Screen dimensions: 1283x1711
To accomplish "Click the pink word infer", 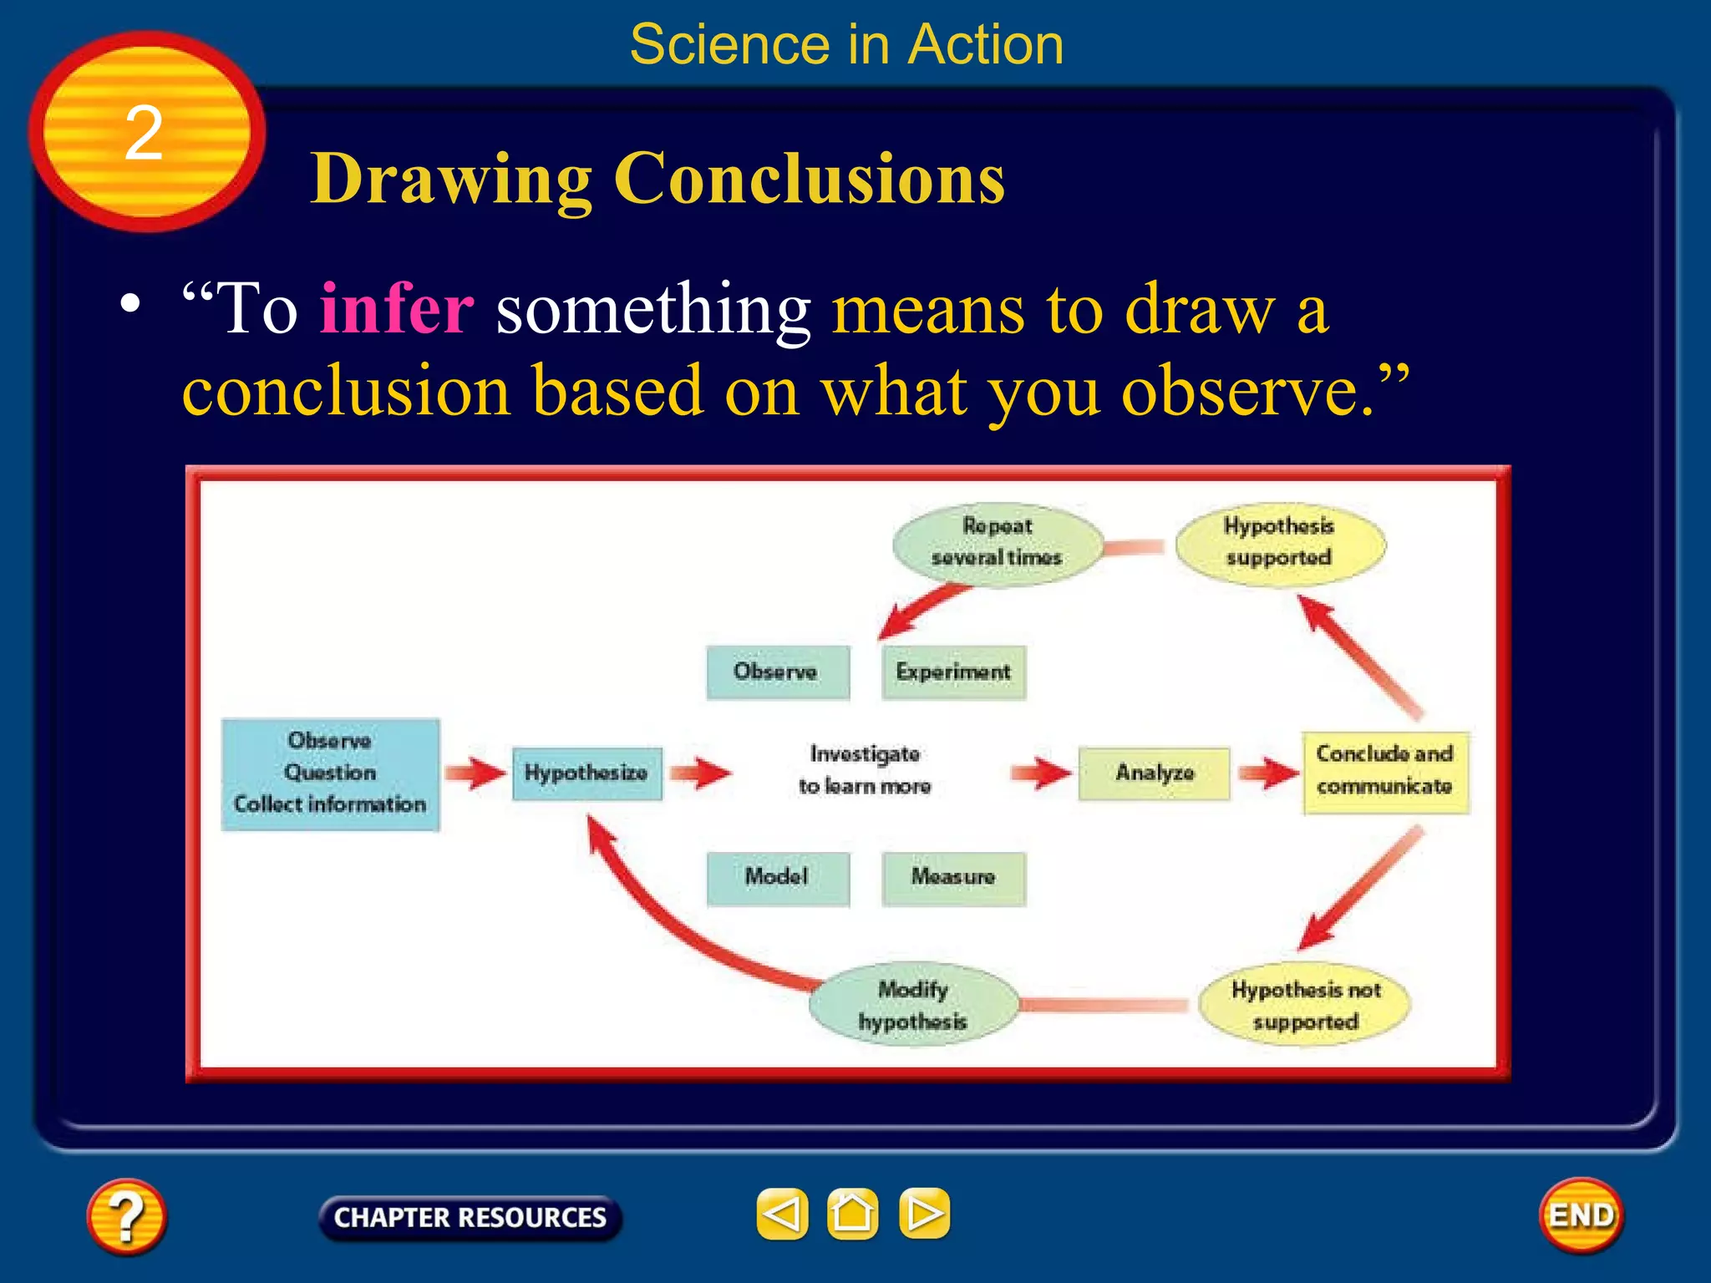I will point(397,309).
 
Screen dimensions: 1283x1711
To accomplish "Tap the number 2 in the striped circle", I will point(144,134).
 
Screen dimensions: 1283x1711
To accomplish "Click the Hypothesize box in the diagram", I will point(586,773).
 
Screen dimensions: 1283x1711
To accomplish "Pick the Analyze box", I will point(1154,773).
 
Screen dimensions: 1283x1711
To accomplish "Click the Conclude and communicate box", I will point(1384,771).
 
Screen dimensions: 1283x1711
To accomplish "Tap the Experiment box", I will point(953,672).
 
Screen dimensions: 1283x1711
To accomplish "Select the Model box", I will point(777,877).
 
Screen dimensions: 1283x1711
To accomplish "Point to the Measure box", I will point(953,877).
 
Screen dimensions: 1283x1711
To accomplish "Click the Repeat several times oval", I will point(997,542).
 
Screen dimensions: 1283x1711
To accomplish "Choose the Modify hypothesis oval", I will point(913,1005).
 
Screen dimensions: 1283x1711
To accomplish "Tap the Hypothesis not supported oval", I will point(1304,1005).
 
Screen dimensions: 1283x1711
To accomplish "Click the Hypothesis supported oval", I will point(1279,542).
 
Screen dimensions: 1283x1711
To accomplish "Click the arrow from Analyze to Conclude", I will point(1267,773).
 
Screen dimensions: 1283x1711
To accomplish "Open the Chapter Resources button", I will point(470,1218).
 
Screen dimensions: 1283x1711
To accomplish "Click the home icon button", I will point(852,1214).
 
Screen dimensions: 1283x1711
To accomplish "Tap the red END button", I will point(1581,1215).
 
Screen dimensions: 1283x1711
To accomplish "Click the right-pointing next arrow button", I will point(924,1214).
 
